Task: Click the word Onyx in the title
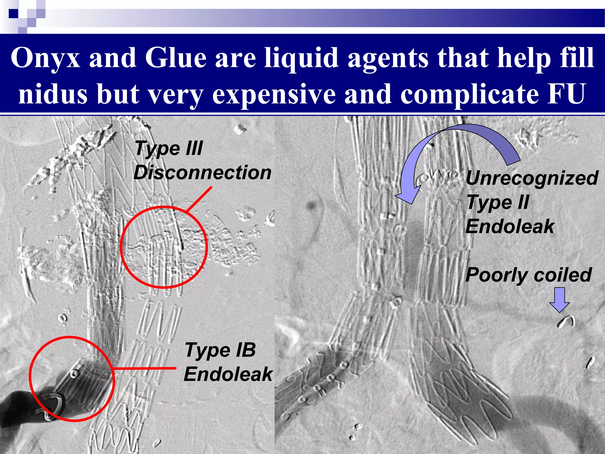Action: [45, 58]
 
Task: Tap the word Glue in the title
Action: [175, 58]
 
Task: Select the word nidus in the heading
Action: [53, 94]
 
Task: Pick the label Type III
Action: [169, 148]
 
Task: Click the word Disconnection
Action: [202, 173]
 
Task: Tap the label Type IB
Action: [220, 350]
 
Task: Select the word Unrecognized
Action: [532, 178]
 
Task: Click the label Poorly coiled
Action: [528, 275]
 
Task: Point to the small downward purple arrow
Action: [560, 299]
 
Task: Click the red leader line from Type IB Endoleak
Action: [145, 368]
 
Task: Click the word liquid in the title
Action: [301, 58]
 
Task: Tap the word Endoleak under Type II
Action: [510, 227]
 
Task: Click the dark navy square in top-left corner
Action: [13, 14]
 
